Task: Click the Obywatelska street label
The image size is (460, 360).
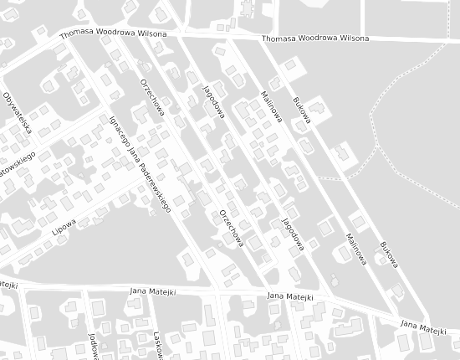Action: [x=18, y=112]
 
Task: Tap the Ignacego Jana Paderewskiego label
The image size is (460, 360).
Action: [x=140, y=162]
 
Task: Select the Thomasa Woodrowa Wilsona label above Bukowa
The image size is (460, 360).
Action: [x=314, y=39]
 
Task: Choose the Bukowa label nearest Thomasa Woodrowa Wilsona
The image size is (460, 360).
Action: [x=302, y=110]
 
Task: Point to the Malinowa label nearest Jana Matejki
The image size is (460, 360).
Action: [x=354, y=249]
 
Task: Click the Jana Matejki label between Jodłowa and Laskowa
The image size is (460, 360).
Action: [x=151, y=291]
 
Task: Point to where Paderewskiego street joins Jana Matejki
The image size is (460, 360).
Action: [x=216, y=292]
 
